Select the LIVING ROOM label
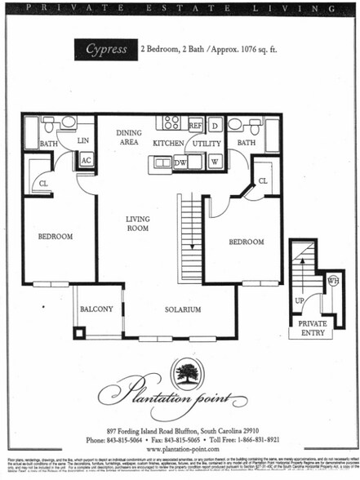(x=138, y=224)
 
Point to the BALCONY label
(x=96, y=309)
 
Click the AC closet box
(x=86, y=160)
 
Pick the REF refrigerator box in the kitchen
(x=195, y=126)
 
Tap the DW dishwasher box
(x=181, y=162)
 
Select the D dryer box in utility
(x=215, y=126)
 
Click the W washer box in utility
(x=215, y=161)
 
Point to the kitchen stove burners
(x=171, y=123)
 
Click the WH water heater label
(x=333, y=281)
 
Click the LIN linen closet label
(x=82, y=140)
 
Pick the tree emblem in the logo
(x=188, y=374)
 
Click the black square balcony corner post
(x=79, y=332)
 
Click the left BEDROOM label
(x=56, y=237)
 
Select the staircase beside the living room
(x=189, y=237)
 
